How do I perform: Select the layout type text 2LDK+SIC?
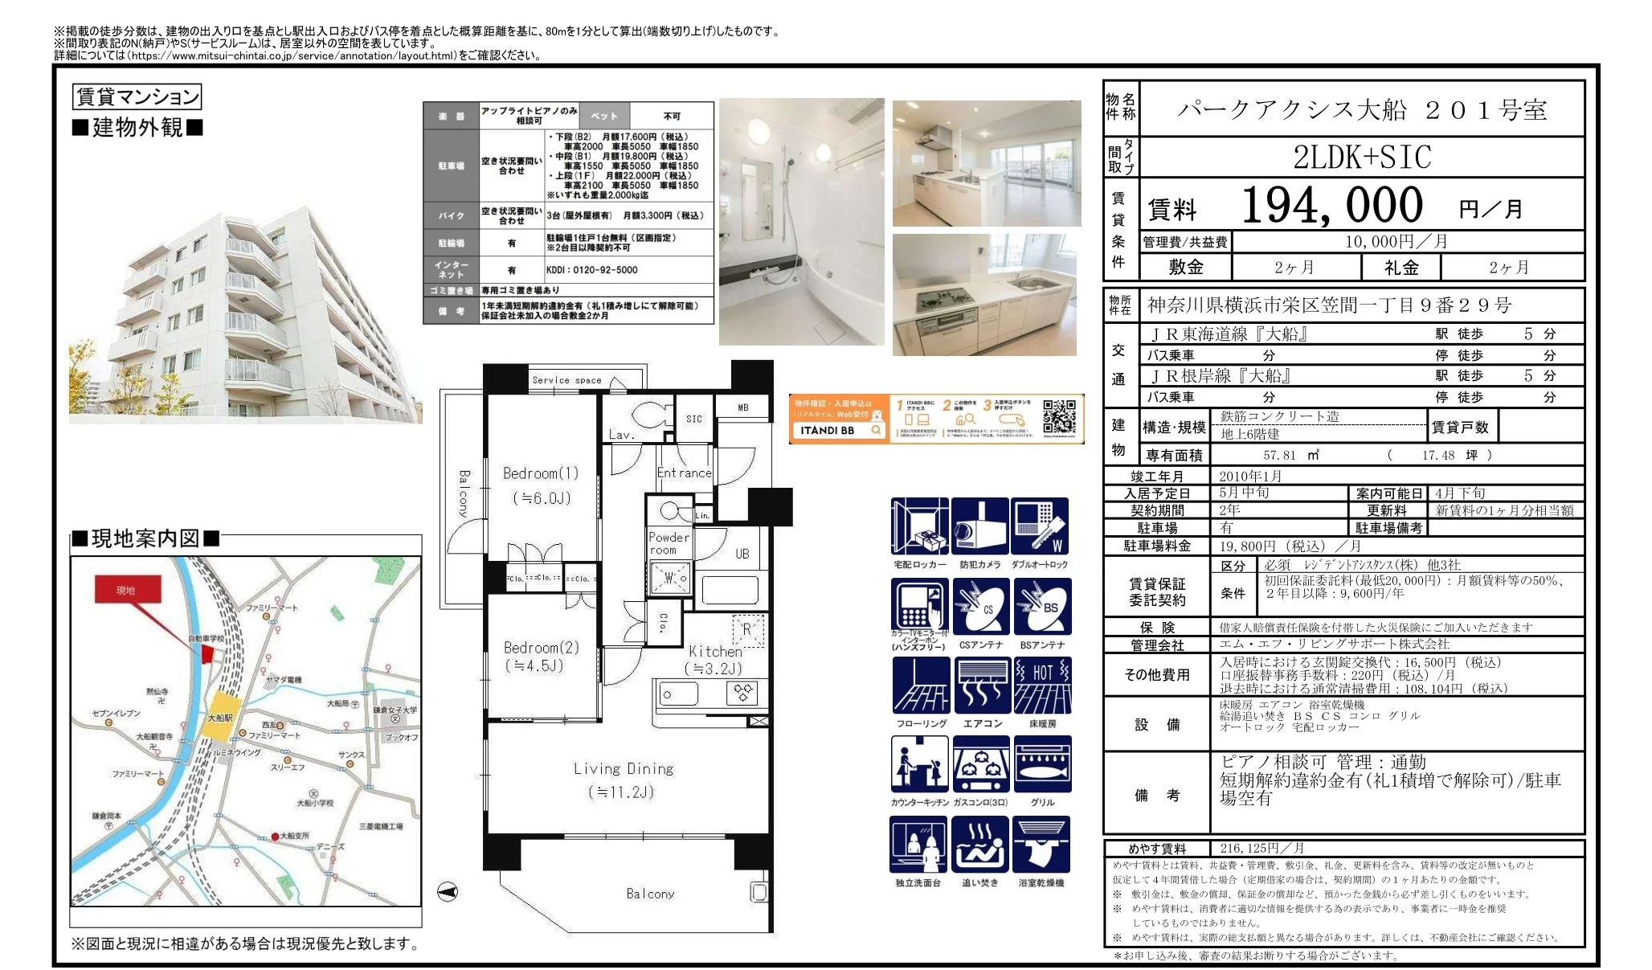(x=1362, y=158)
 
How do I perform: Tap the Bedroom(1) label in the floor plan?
(x=540, y=473)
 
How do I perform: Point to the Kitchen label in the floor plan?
(x=714, y=652)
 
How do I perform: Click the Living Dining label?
(x=624, y=769)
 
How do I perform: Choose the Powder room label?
(x=669, y=543)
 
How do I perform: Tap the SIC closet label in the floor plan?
(x=693, y=419)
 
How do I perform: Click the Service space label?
(x=566, y=380)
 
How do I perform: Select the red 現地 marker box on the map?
(x=127, y=590)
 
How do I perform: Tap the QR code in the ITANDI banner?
(x=1058, y=418)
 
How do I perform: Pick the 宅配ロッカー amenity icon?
(x=919, y=526)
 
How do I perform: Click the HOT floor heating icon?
(x=1042, y=686)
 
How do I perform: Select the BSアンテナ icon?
(x=1042, y=607)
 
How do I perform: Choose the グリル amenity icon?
(x=1042, y=764)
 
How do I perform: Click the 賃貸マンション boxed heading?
(x=137, y=97)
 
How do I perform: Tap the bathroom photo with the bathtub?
(x=801, y=222)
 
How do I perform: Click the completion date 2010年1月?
(x=1250, y=476)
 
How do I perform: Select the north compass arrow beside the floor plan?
(x=448, y=891)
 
